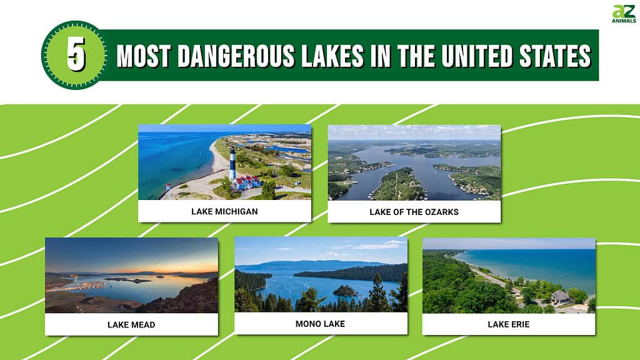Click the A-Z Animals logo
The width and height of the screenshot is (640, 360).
pos(624,14)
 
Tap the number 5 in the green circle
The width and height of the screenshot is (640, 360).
pos(76,54)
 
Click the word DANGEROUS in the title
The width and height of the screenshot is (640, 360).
pos(236,56)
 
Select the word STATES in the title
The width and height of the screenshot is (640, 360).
pos(555,56)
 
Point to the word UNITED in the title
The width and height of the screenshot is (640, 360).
pos(477,56)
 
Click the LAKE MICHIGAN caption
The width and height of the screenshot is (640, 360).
pos(224,211)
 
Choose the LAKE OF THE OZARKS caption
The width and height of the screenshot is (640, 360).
pos(414,212)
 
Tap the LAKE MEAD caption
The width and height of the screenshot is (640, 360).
pos(131,325)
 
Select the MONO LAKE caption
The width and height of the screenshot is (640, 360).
pos(320,324)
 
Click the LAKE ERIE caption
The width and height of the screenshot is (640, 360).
pos(509,324)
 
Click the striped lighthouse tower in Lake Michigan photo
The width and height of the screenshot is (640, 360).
pos(232,163)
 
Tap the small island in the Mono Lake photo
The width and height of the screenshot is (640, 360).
pos(345,291)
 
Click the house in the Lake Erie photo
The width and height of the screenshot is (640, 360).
pos(562,297)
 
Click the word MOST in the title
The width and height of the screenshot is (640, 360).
pos(143,56)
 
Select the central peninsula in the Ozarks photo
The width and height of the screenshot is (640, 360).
pos(396,184)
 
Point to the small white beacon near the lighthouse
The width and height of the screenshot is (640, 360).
pos(167,187)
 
